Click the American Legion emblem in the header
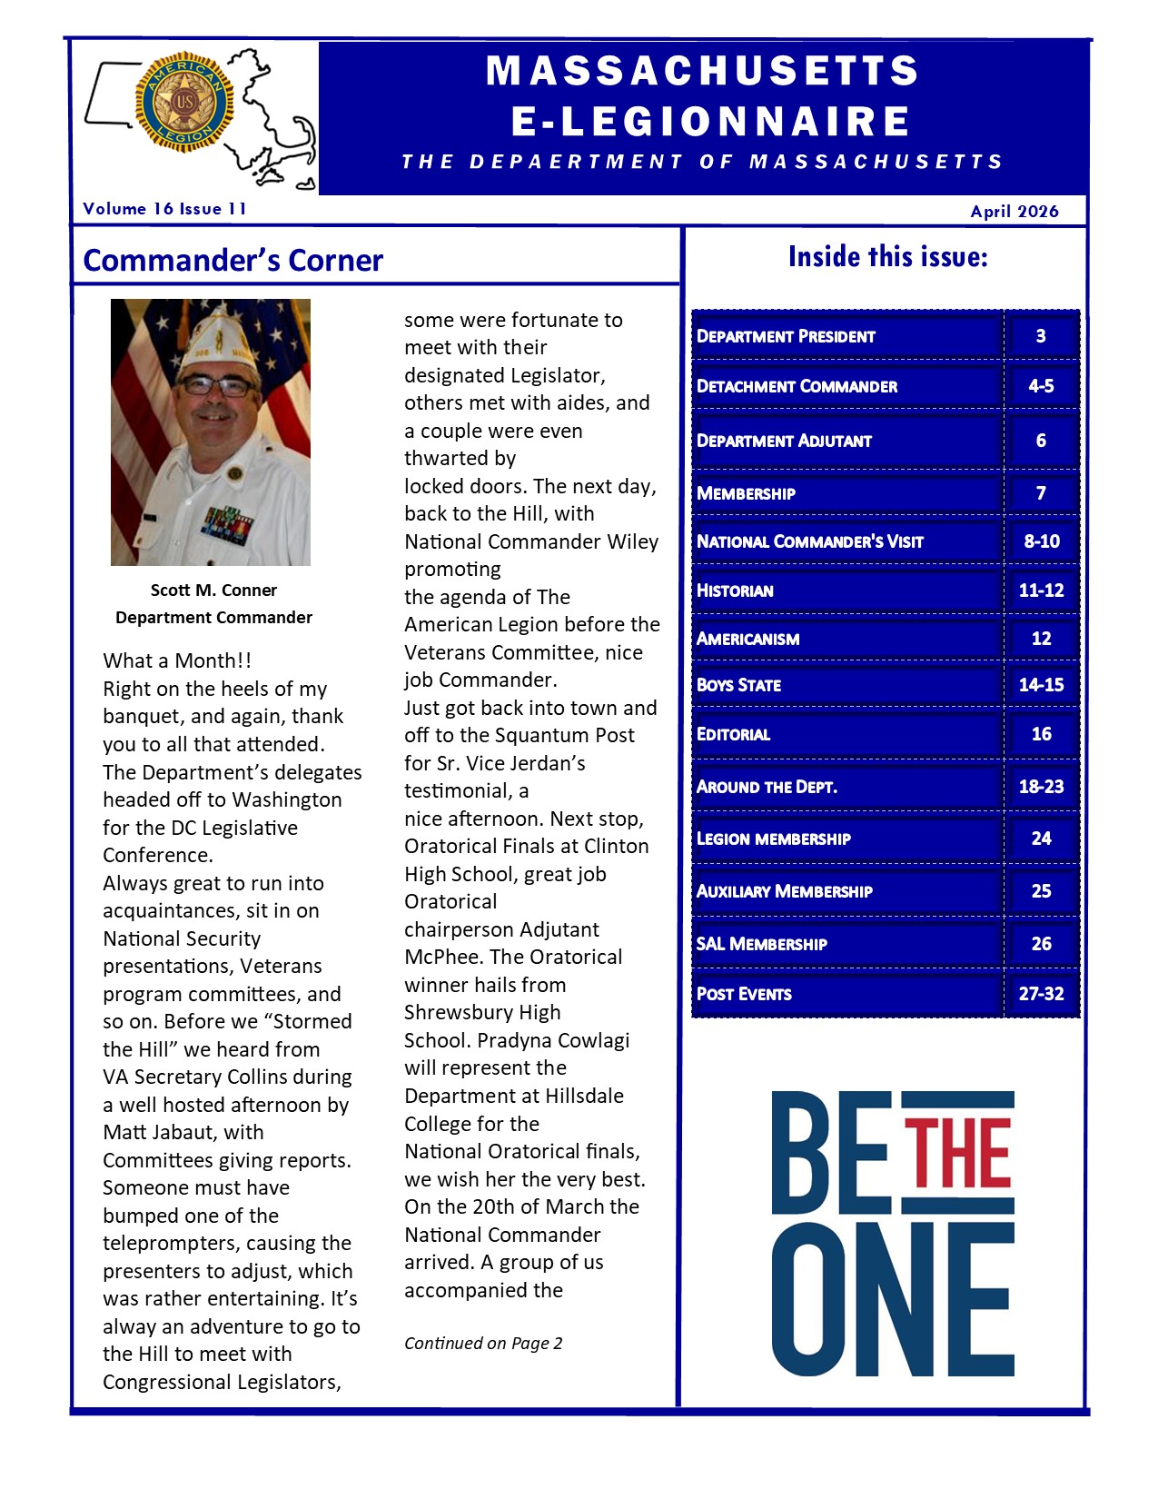184,103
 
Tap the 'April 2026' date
1014,212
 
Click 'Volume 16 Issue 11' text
164,209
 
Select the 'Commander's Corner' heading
233,261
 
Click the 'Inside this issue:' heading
887,257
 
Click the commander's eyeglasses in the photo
216,385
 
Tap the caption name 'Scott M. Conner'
213,591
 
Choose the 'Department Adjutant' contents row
784,442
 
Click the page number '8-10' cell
1041,541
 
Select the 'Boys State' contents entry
738,685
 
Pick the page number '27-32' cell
1041,994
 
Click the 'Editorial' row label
733,734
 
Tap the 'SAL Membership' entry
761,944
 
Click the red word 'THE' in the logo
957,1153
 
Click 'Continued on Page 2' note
483,1344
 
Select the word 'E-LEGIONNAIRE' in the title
710,121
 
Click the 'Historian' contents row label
735,591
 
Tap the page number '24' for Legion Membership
1041,839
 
